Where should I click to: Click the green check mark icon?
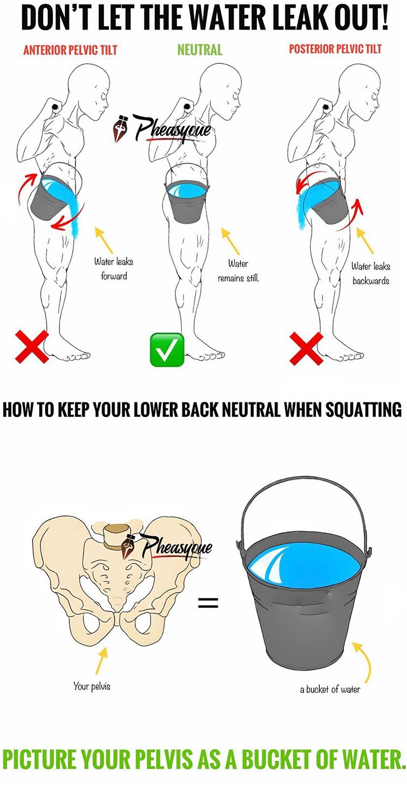[167, 349]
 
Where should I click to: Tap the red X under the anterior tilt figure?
[32, 347]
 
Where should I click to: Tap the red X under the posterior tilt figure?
[306, 348]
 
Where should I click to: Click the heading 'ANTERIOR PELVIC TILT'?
[70, 50]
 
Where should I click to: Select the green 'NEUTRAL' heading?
[199, 50]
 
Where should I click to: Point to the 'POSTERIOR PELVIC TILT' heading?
[335, 49]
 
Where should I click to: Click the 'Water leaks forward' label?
[114, 269]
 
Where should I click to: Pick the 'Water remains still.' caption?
[238, 271]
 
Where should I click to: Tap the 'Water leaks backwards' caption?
[371, 273]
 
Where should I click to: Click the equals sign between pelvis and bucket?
[208, 602]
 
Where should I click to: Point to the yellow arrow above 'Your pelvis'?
[102, 660]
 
